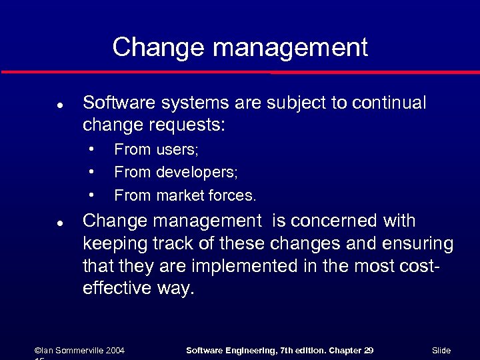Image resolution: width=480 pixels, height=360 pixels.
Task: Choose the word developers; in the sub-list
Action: [x=197, y=173]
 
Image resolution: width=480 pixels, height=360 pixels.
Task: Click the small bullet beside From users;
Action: [x=91, y=149]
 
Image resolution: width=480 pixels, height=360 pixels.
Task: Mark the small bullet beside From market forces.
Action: [x=91, y=195]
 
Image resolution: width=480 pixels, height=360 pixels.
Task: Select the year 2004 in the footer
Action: [x=113, y=351]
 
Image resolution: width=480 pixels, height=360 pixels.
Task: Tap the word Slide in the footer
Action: [x=441, y=351]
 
